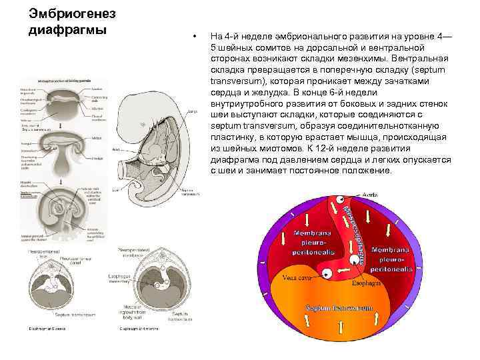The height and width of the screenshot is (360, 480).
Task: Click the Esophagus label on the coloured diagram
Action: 367,283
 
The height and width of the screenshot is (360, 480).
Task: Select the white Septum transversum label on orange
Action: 339,308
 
